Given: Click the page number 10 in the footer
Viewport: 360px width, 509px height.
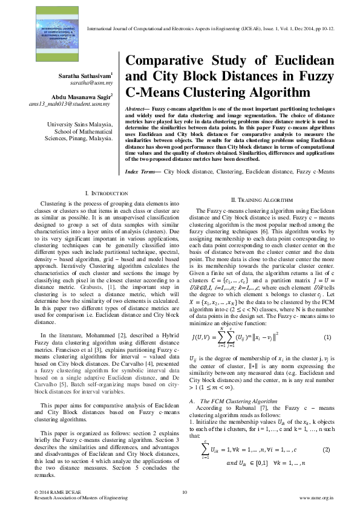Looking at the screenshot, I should (184, 493).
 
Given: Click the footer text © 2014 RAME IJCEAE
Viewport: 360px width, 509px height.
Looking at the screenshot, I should (58, 493).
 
